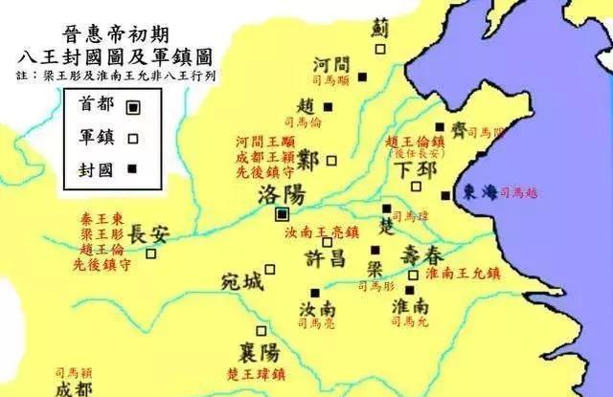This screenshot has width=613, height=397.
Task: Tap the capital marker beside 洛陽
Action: click(x=283, y=214)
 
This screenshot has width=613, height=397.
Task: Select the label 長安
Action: click(x=149, y=232)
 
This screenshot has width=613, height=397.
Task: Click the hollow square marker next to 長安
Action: click(x=150, y=254)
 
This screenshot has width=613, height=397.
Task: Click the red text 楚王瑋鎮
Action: click(x=261, y=373)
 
